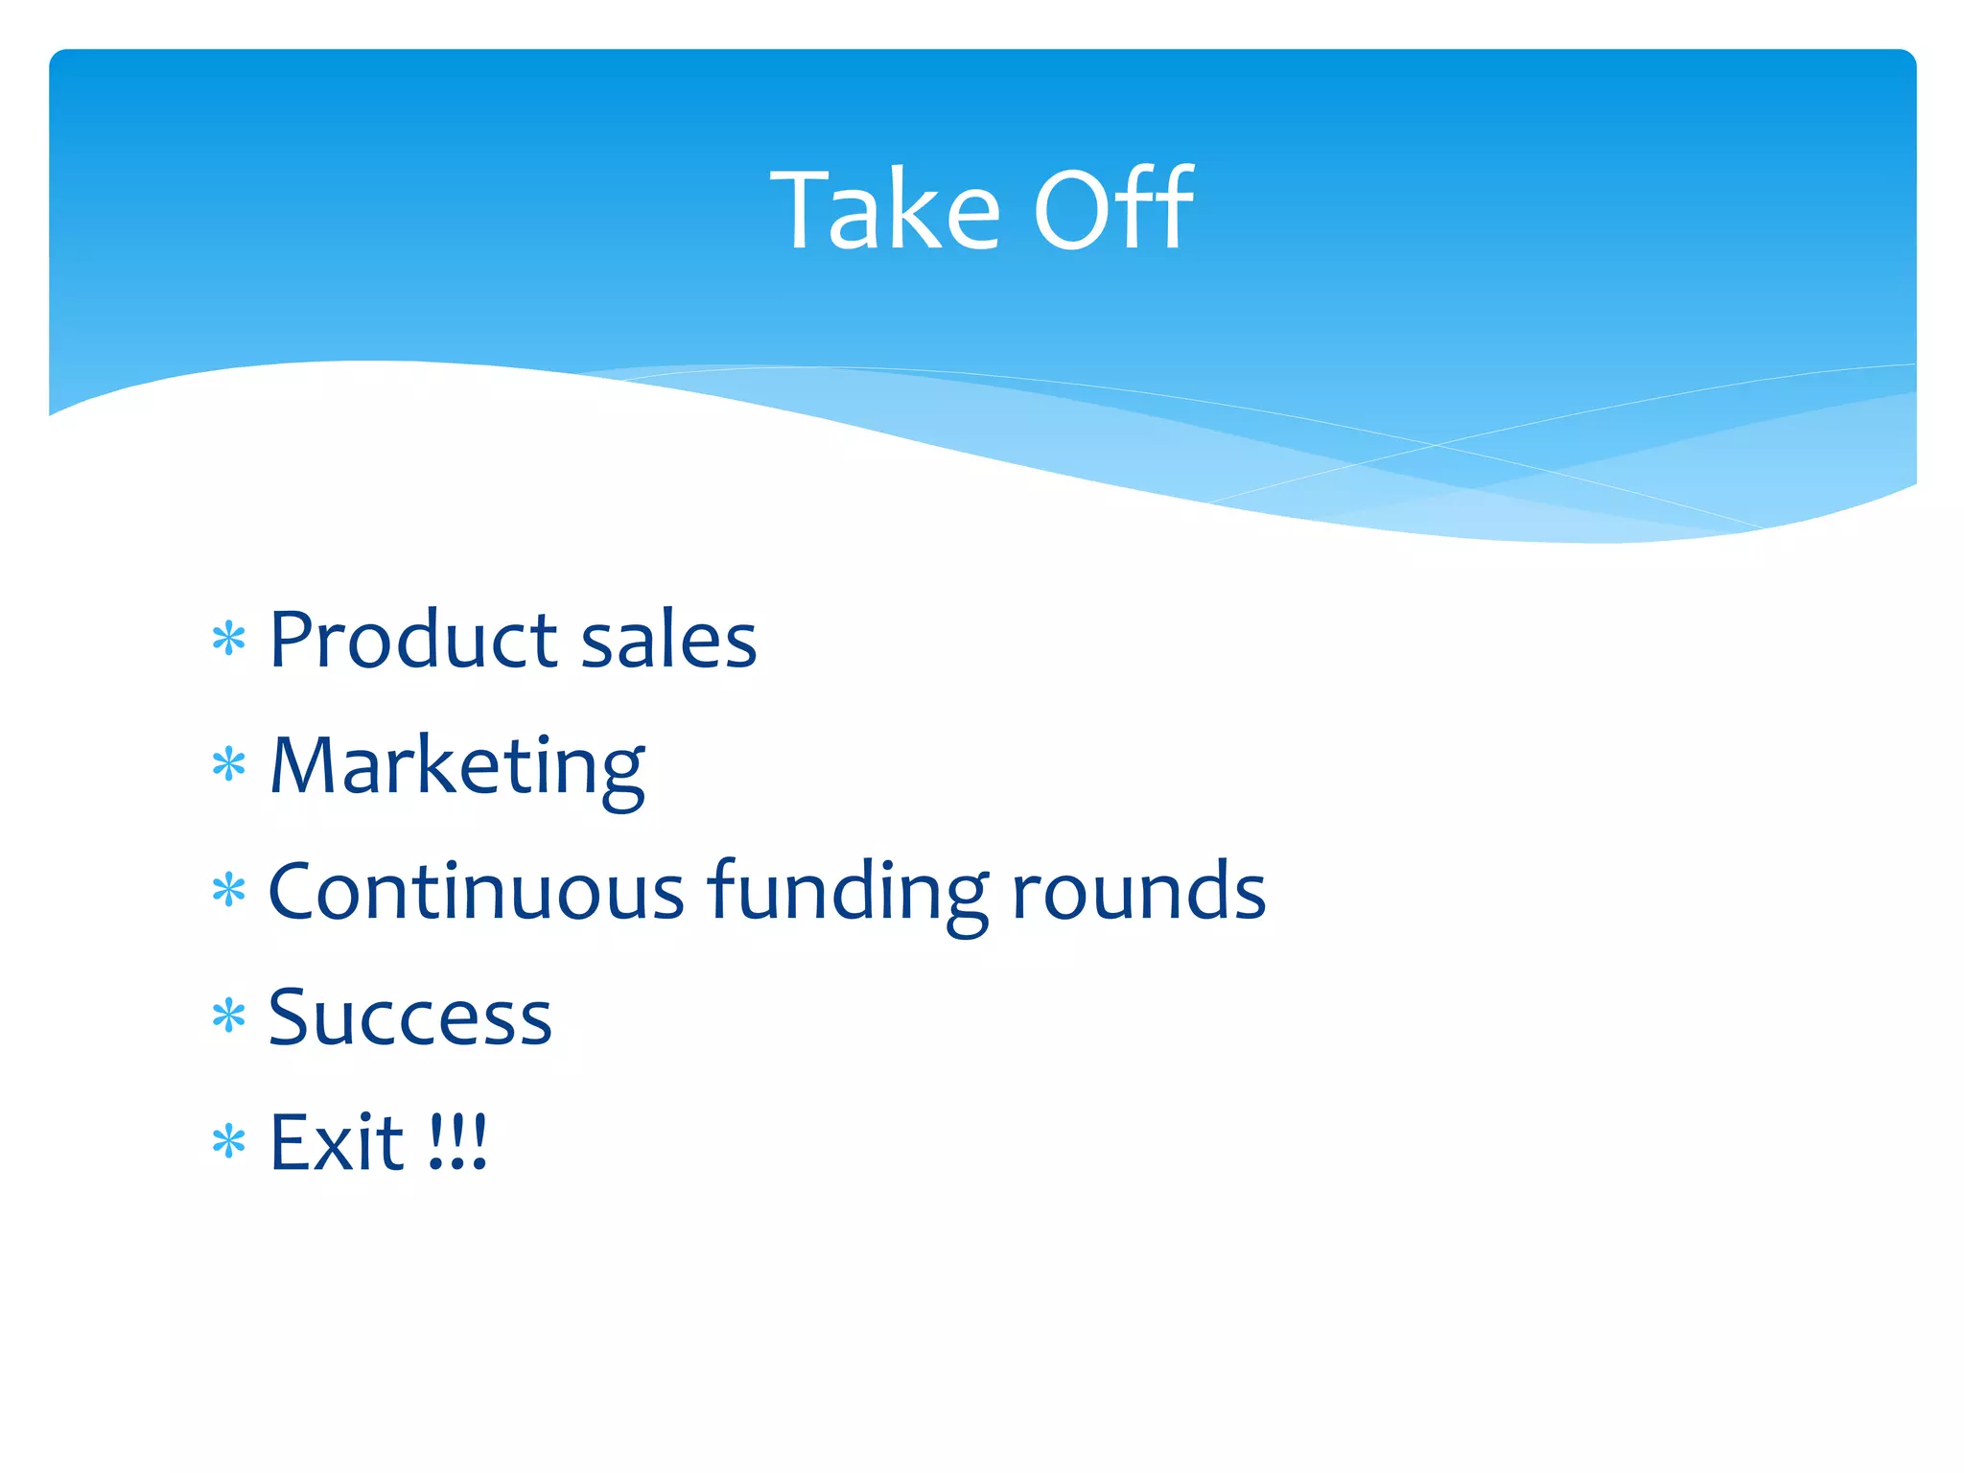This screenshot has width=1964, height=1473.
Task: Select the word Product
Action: (413, 640)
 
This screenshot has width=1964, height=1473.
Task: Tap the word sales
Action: (668, 640)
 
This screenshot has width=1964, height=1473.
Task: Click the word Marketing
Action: (457, 767)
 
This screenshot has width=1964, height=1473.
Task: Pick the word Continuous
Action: (476, 892)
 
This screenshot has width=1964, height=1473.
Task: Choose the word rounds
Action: (1138, 892)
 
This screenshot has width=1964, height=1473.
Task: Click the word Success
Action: (410, 1018)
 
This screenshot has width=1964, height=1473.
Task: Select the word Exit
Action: (337, 1143)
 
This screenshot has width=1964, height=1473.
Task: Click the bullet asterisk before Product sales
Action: (229, 639)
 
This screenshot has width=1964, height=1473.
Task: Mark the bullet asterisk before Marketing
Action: (229, 765)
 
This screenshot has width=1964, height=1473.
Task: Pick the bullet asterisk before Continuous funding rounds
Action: (229, 891)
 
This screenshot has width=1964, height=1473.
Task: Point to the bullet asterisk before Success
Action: (229, 1017)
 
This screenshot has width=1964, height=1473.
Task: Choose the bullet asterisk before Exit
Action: (229, 1142)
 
